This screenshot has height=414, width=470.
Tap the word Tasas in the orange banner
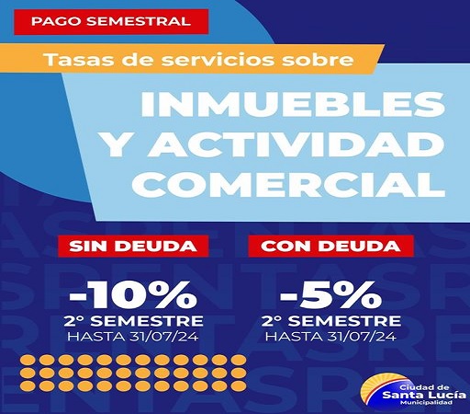[71, 62]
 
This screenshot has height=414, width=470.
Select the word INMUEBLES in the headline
[285, 107]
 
